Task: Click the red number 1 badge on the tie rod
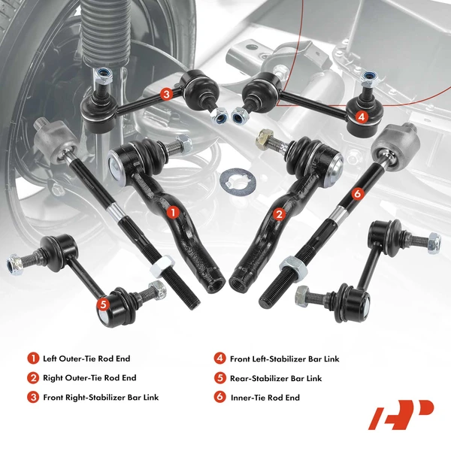[x=172, y=213]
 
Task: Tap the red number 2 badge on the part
[x=279, y=215]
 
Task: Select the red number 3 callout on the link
[x=165, y=94]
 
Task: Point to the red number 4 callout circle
[x=362, y=117]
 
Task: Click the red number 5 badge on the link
[x=103, y=304]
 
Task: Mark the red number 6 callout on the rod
[x=356, y=193]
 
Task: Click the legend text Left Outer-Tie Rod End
[x=87, y=359]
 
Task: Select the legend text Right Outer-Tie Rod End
[x=90, y=378]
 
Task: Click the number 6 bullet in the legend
[x=219, y=397]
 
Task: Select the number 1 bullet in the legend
[x=33, y=359]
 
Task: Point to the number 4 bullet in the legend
[x=219, y=359]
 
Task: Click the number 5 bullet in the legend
[x=219, y=378]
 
